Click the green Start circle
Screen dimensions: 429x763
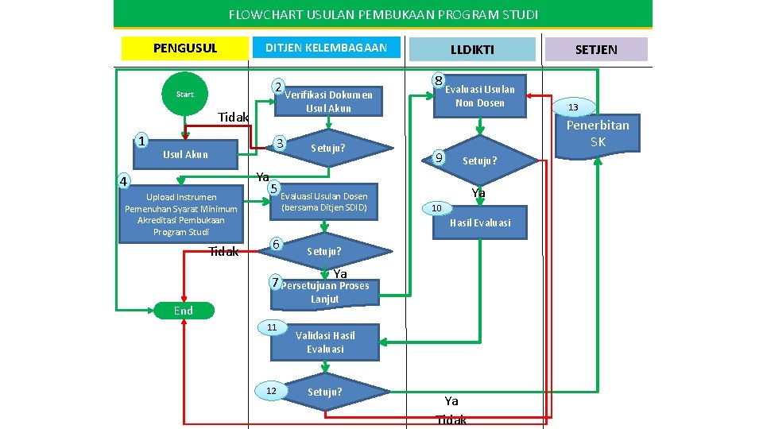click(x=185, y=94)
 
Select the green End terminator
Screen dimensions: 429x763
click(x=184, y=311)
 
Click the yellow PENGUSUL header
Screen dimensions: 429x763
click(x=184, y=48)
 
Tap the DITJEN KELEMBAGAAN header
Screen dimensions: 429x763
click(x=326, y=48)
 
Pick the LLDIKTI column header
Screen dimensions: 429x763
click(x=472, y=49)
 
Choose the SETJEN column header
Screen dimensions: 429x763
click(x=595, y=49)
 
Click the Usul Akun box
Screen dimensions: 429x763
click(x=185, y=154)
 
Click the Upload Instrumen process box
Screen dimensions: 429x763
click(x=181, y=214)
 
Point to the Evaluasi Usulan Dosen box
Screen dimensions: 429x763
click(x=324, y=202)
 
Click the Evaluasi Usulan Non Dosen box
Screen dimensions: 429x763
click(x=479, y=96)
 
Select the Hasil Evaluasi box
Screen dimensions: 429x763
click(x=480, y=223)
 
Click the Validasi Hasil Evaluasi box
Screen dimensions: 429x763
click(x=325, y=342)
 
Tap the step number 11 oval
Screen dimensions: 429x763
click(x=272, y=327)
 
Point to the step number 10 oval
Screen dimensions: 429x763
click(x=436, y=208)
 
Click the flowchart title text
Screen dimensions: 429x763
click(x=383, y=14)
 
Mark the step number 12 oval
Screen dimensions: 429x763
click(x=272, y=390)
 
